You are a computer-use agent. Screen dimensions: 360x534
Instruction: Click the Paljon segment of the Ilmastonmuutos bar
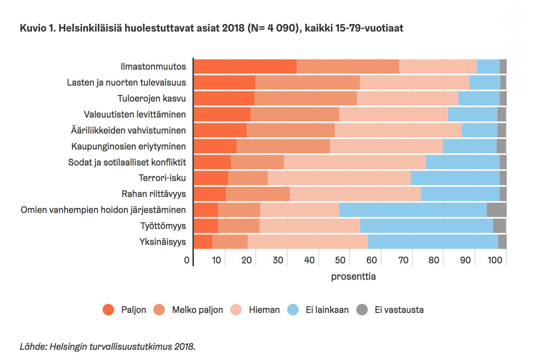coord(245,66)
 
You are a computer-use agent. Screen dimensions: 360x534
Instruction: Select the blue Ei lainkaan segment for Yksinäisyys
coord(433,242)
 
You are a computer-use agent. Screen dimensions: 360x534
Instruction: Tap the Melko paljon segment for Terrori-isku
coord(248,178)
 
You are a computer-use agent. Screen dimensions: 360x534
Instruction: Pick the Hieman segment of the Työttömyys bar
coord(309,226)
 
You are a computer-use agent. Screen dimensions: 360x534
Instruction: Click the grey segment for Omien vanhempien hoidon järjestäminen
coord(496,210)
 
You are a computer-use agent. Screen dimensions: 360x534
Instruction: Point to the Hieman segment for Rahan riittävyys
coord(355,194)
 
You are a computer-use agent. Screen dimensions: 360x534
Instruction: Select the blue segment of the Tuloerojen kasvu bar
coord(478,98)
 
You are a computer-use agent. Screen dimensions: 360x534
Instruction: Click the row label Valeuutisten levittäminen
coord(135,114)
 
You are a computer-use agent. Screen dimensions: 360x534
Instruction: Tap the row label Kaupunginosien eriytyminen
coord(128,146)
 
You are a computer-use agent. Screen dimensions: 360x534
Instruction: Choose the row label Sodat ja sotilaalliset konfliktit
coord(127,162)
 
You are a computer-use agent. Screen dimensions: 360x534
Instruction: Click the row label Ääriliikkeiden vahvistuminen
coord(128,130)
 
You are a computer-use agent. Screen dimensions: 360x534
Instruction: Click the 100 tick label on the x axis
coord(495,260)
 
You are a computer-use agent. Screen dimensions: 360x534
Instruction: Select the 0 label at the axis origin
coord(187,260)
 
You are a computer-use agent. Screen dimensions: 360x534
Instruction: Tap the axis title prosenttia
coord(353,276)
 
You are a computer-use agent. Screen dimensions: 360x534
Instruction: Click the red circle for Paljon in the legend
coord(108,310)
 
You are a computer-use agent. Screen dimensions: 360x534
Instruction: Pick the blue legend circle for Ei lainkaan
coord(293,310)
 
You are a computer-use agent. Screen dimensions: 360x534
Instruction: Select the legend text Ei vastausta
coord(399,310)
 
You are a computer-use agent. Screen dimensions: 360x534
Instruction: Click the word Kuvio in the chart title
coord(32,29)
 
